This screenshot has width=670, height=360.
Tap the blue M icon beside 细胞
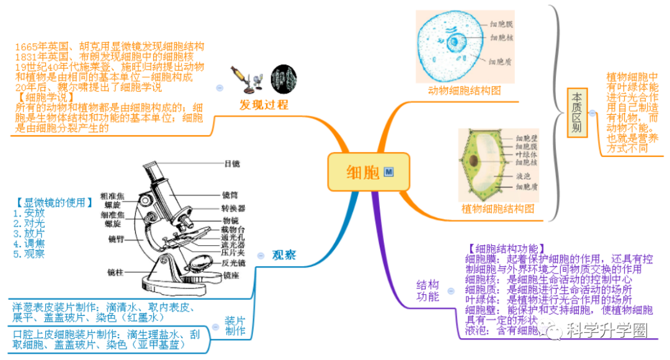click(x=389, y=171)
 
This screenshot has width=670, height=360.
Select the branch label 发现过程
click(x=264, y=104)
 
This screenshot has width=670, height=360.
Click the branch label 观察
click(x=284, y=254)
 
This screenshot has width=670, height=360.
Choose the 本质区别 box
click(x=577, y=113)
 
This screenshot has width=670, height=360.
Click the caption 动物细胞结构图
click(x=465, y=90)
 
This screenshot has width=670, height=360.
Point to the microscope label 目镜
click(x=231, y=163)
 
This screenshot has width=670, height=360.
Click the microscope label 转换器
click(x=233, y=208)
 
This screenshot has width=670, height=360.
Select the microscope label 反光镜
click(x=233, y=263)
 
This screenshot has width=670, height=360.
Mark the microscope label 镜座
click(x=231, y=275)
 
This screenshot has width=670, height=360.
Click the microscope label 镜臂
click(x=116, y=238)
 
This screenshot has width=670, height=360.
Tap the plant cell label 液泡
click(x=523, y=176)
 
